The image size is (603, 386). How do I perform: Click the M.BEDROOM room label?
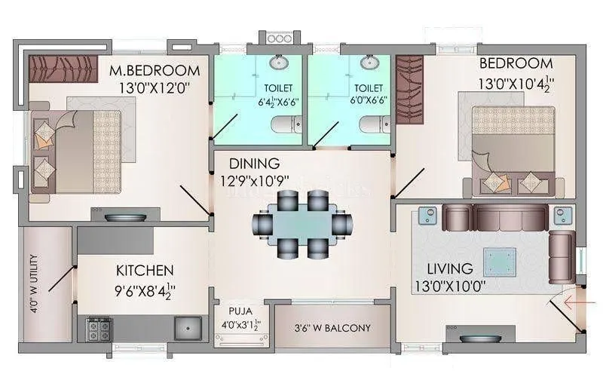pos(155,71)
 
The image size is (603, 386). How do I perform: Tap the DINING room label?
pos(254,164)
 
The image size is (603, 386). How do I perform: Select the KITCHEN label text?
pos(145,270)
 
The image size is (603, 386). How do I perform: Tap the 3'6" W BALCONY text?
pos(332,328)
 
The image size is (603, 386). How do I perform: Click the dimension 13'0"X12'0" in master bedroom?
pos(155,87)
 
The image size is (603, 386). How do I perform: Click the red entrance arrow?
pos(574,305)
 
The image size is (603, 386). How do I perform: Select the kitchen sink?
pos(186,327)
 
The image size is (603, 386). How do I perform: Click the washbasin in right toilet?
pos(370,62)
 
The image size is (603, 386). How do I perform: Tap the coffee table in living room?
pos(500,262)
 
